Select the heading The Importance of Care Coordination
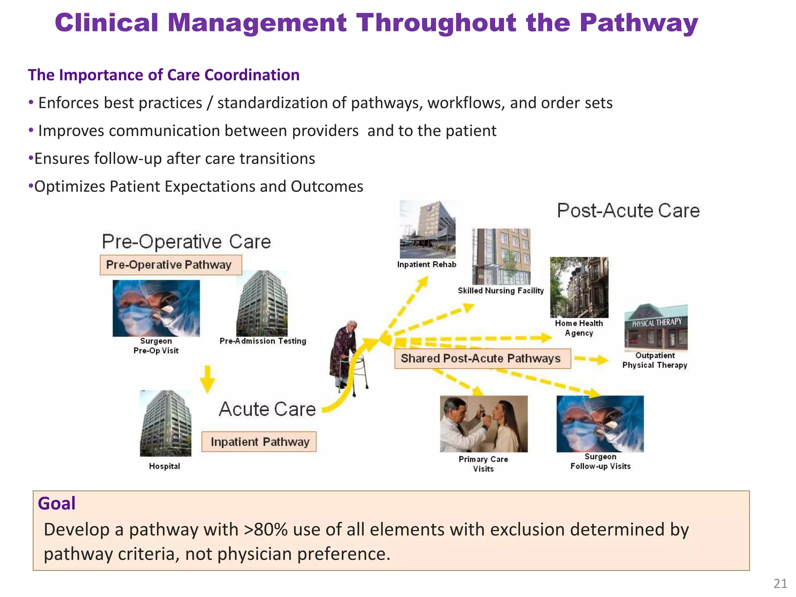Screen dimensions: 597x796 pyautogui.click(x=164, y=75)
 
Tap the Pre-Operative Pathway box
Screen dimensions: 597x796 pyautogui.click(x=171, y=265)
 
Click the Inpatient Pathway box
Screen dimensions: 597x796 pyautogui.click(x=259, y=442)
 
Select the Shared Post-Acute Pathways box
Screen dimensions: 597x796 pyautogui.click(x=482, y=358)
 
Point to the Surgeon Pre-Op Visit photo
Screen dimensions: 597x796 pyautogui.click(x=156, y=308)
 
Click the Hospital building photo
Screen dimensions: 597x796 pyautogui.click(x=166, y=424)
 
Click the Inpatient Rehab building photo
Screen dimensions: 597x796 pyautogui.click(x=427, y=230)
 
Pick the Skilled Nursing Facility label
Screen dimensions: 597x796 pyautogui.click(x=501, y=291)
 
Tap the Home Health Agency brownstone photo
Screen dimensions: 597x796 pyautogui.click(x=579, y=287)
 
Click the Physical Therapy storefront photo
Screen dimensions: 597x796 pyautogui.click(x=656, y=328)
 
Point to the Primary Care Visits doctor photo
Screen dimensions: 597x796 pyautogui.click(x=484, y=424)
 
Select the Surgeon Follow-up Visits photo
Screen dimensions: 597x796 pyautogui.click(x=600, y=424)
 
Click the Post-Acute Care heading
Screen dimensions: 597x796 pyautogui.click(x=628, y=211)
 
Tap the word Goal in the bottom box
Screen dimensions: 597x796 pyautogui.click(x=57, y=504)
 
